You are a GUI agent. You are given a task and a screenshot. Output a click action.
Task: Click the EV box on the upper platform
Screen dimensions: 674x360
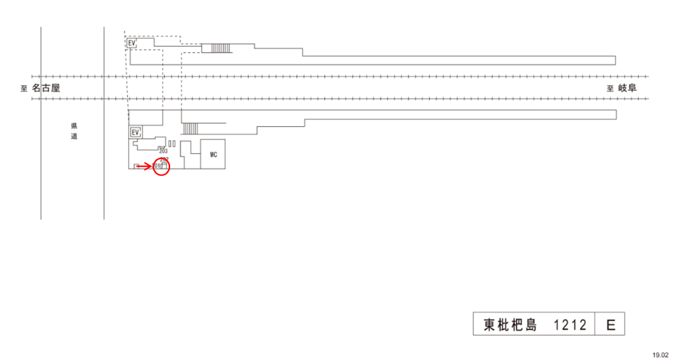coord(133,43)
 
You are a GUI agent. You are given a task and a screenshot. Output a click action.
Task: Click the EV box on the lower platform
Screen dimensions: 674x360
coord(135,133)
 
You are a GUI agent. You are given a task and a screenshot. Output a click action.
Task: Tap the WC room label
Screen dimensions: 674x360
coord(213,155)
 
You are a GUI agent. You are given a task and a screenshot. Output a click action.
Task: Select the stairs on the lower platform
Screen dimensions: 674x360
coord(191,128)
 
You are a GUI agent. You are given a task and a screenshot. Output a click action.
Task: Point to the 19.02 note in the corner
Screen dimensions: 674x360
coord(660,354)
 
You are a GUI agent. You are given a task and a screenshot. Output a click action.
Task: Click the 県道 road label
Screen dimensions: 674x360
coord(74,131)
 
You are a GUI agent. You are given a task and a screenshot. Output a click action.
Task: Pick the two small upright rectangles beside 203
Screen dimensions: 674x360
coord(172,144)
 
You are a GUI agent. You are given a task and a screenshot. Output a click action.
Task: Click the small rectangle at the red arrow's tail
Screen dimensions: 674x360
coord(136,167)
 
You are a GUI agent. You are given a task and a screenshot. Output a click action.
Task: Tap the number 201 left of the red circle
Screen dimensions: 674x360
coord(156,166)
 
